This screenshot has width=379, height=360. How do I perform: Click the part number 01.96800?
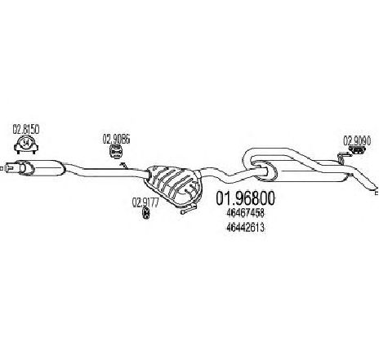(x=245, y=198)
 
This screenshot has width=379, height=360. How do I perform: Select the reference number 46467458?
(x=245, y=213)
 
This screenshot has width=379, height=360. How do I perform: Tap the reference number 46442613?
(x=245, y=228)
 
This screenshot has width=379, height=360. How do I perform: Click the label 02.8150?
(x=26, y=130)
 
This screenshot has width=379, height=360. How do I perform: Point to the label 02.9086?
(x=116, y=140)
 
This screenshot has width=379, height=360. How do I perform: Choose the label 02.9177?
(x=145, y=202)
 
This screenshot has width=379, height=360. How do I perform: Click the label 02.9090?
(x=357, y=141)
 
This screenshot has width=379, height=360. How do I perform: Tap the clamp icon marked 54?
(x=26, y=144)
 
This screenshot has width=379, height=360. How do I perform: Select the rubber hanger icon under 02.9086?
(x=115, y=151)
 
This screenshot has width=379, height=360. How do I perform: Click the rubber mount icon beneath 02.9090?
(x=357, y=150)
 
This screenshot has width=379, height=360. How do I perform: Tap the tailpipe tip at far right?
(x=375, y=191)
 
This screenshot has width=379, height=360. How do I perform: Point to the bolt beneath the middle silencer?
(x=188, y=210)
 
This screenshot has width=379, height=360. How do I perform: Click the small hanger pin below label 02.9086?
(x=123, y=165)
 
